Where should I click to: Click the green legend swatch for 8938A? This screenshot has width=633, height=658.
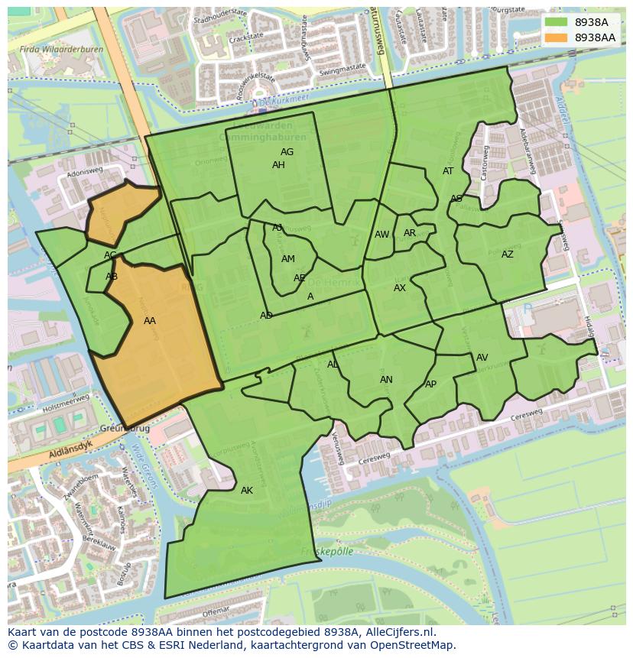tap(555, 22)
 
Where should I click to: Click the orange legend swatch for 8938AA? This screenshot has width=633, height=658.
tap(555, 37)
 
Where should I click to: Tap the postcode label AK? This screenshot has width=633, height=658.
tap(246, 491)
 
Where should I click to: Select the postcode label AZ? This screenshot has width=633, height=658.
tap(508, 254)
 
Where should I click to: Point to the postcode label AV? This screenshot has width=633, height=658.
tap(482, 358)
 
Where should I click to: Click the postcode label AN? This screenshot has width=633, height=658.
tap(386, 380)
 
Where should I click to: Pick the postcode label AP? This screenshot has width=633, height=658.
tap(430, 384)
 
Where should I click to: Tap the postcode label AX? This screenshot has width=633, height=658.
tap(400, 288)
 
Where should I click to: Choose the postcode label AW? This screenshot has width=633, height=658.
tap(381, 235)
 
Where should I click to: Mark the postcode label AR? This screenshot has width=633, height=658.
tap(410, 233)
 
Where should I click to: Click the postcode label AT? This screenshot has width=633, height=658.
tap(448, 171)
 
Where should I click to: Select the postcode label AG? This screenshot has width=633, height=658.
tap(287, 152)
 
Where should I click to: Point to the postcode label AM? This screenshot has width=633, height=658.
tap(287, 259)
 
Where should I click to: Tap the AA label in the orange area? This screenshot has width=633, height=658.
tap(150, 321)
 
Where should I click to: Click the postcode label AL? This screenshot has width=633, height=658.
tap(333, 365)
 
